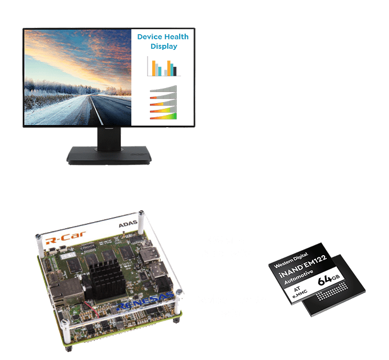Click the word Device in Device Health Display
coord(149,37)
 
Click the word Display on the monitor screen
coord(163,47)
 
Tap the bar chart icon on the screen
coord(163,66)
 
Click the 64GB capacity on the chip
coord(330,280)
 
